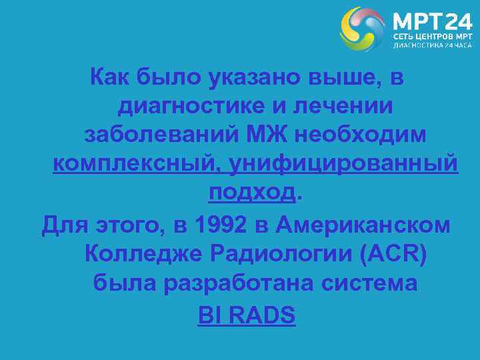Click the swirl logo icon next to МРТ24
tap(362, 29)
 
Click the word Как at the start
tap(111, 79)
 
